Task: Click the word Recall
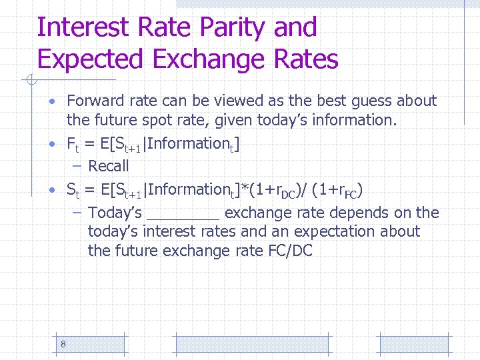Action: coord(109,166)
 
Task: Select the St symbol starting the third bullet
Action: coord(72,191)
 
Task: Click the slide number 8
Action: coord(63,344)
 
